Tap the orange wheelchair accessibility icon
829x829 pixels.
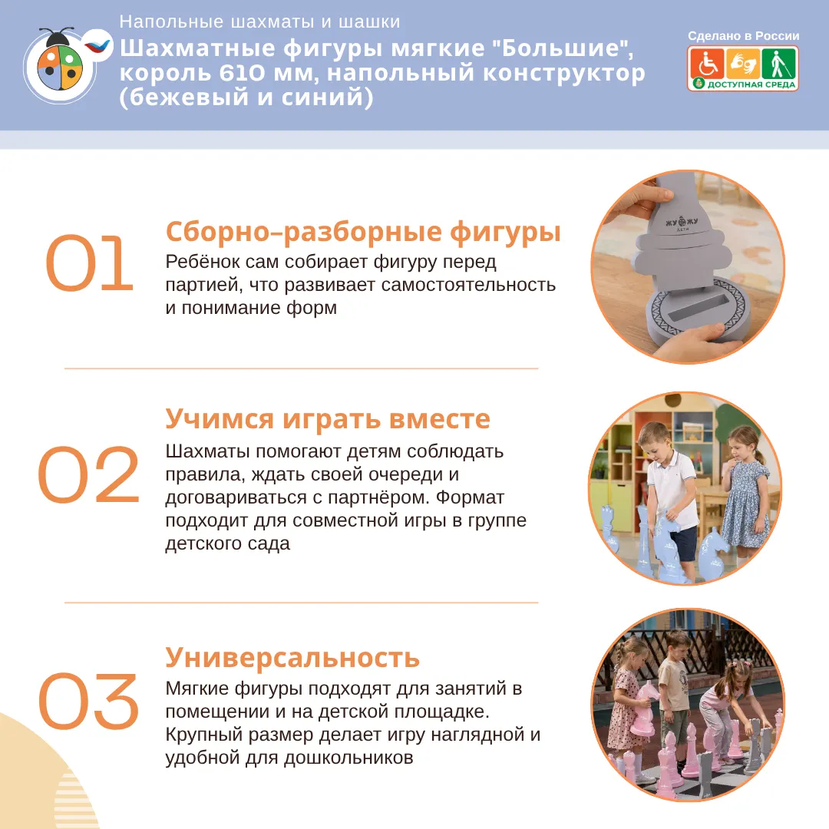click(706, 64)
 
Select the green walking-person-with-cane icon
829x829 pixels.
click(779, 64)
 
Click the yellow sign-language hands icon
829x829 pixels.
click(743, 64)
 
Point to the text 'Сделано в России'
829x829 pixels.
click(743, 36)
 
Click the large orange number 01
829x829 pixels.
click(89, 263)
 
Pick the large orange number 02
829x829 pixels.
click(88, 474)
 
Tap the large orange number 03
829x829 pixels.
click(88, 701)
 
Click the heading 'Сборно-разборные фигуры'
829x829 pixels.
click(363, 232)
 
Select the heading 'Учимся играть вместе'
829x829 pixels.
click(328, 419)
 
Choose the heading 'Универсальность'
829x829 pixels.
click(292, 657)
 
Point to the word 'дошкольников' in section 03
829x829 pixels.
click(348, 758)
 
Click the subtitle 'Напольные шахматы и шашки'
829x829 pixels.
click(259, 21)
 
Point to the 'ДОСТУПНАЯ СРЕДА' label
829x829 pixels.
click(751, 84)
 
